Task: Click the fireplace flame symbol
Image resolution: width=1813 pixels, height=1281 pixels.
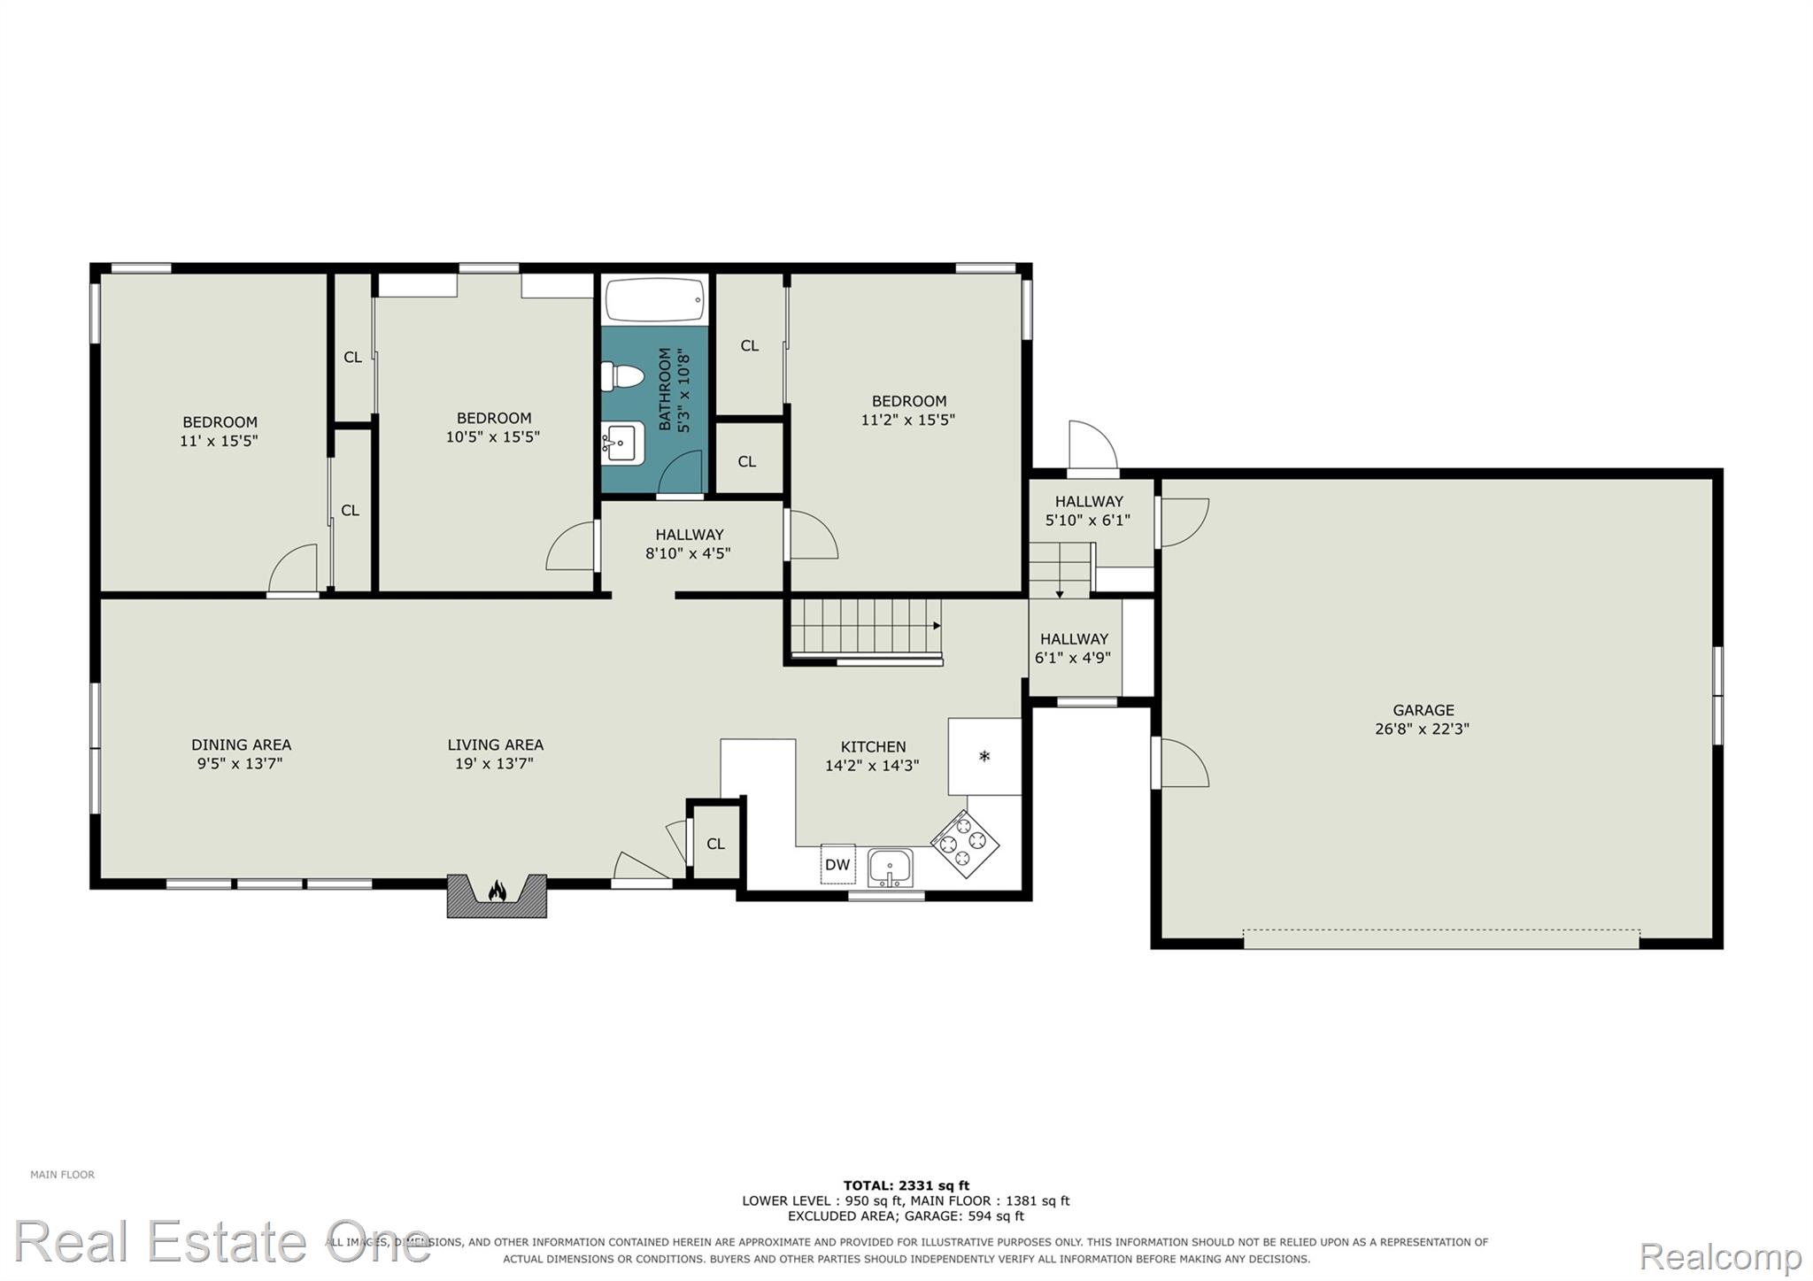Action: coord(498,890)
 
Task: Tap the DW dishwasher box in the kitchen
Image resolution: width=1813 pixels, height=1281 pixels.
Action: coord(837,864)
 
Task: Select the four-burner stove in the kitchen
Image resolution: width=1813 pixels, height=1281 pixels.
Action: coord(964,844)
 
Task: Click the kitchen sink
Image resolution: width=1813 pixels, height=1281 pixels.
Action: coord(891,867)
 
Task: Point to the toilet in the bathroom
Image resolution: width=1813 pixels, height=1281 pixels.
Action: coord(621,377)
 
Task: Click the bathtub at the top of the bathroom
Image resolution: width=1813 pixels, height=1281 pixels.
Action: coord(655,301)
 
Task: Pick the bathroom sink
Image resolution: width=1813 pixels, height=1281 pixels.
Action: coord(624,442)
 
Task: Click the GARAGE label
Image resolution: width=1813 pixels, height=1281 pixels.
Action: coord(1423,710)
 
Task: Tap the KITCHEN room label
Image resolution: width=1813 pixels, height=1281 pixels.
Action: coord(873,747)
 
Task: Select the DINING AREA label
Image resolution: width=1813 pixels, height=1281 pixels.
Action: coord(241,745)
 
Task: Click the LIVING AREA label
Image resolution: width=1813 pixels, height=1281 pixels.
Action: coord(495,745)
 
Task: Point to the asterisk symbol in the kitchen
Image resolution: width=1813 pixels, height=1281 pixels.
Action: coord(984,757)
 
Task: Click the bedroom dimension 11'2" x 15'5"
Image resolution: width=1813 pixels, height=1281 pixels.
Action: coord(908,420)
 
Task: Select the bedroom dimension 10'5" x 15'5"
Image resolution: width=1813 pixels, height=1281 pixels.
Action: coord(493,436)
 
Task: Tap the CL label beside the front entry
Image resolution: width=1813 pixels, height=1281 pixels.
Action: coord(715,845)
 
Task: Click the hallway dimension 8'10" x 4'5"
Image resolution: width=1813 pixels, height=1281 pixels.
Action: coord(689,553)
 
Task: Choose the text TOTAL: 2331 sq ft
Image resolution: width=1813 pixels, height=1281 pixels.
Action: coord(906,1185)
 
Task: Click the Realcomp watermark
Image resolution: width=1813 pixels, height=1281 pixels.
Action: coord(1720,1255)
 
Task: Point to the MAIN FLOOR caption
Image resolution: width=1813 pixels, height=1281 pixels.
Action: coord(62,1175)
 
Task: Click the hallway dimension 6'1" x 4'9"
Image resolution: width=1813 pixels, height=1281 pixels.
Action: coord(1073,658)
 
